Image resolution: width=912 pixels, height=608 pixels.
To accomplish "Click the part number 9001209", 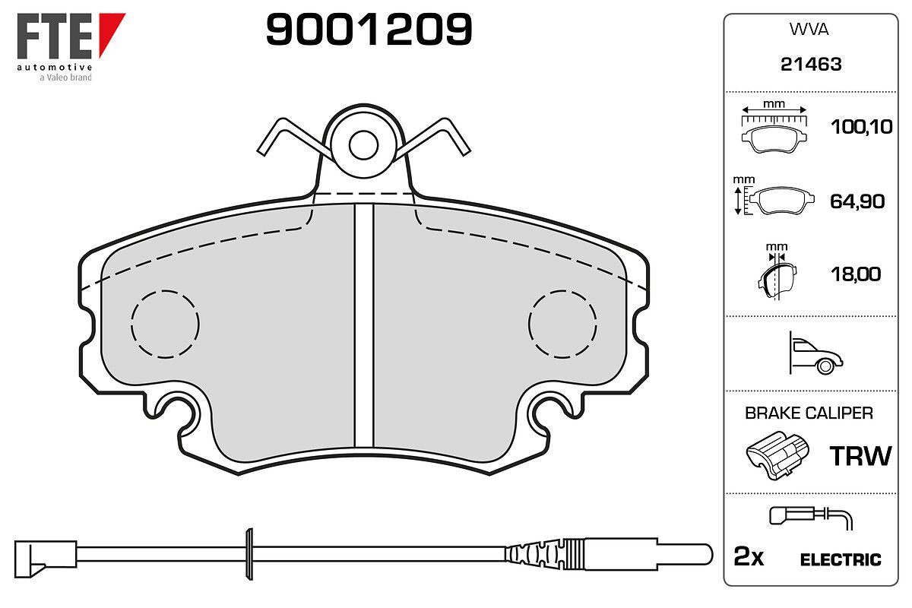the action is [369, 29].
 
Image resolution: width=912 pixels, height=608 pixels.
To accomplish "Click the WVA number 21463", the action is [811, 65].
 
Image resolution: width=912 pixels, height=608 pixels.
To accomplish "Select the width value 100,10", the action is [862, 127].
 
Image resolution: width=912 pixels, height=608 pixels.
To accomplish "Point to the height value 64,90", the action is [857, 201].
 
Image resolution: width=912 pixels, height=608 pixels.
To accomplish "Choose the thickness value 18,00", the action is [856, 274].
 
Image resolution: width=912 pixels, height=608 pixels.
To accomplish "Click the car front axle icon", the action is [816, 353].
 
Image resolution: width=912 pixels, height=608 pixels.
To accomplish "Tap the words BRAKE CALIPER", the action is [809, 413].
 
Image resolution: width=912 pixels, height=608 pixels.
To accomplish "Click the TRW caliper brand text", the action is [860, 456].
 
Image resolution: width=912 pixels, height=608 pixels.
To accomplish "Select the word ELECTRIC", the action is [841, 560].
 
